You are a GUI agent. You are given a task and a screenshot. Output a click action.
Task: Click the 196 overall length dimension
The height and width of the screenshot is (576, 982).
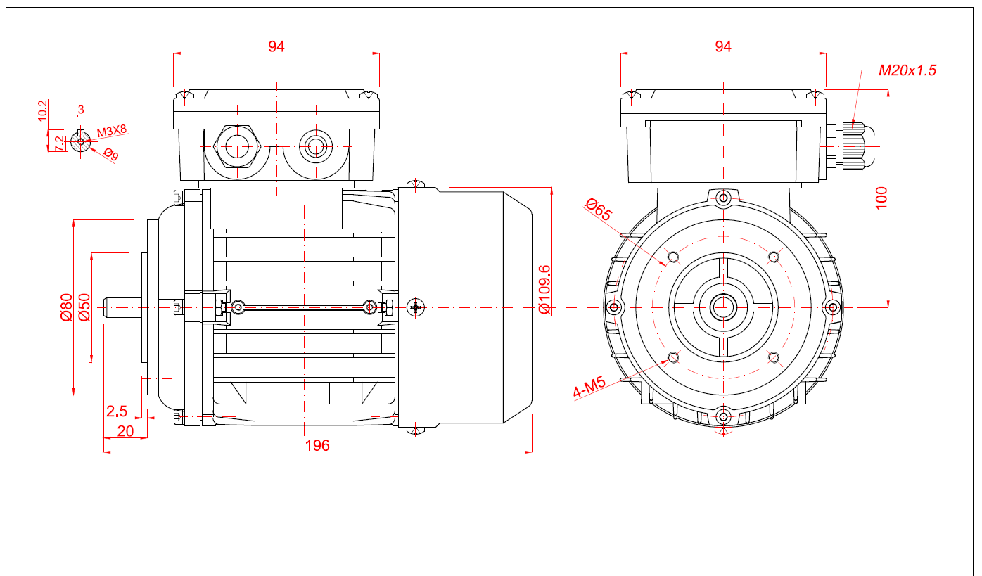[317, 445]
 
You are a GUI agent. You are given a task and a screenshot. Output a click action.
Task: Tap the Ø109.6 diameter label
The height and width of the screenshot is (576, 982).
[544, 289]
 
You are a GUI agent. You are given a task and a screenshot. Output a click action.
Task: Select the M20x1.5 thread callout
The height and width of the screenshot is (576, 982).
[907, 70]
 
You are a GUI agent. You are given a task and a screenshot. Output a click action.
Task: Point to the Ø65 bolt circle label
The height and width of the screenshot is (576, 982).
[599, 210]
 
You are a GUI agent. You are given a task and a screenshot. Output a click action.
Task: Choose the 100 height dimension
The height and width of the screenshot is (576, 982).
[881, 198]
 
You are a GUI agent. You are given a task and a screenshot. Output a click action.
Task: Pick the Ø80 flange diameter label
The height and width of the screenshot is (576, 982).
[66, 307]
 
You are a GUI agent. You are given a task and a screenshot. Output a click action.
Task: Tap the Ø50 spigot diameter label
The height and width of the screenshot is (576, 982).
[84, 307]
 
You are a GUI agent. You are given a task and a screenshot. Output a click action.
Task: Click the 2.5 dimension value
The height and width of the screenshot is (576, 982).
[117, 411]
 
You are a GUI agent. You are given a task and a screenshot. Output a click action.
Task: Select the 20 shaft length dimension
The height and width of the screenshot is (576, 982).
[125, 431]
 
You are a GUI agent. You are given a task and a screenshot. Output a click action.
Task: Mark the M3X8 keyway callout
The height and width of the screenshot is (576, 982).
[112, 131]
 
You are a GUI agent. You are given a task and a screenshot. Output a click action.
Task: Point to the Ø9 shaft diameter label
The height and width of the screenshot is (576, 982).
[111, 154]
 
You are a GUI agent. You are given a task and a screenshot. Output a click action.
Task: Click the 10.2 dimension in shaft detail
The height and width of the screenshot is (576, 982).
[42, 110]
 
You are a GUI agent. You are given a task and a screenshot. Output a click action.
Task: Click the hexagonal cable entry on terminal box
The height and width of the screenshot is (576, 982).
[237, 146]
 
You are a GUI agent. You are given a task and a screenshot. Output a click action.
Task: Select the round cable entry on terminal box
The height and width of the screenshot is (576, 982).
[316, 146]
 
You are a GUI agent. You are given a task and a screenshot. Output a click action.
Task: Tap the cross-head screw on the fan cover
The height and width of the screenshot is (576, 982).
[416, 307]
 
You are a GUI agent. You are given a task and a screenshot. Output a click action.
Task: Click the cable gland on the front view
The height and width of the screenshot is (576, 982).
[853, 146]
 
